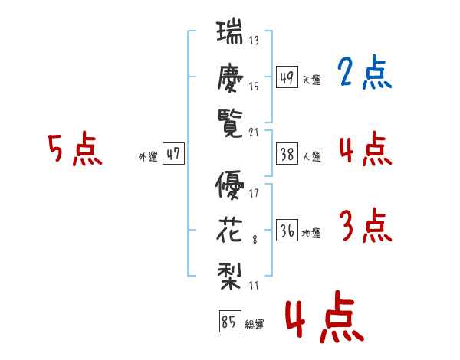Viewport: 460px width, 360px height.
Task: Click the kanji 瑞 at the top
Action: coord(230,31)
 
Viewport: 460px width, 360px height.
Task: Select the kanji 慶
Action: coord(230,77)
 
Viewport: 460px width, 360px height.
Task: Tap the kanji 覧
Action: coord(230,123)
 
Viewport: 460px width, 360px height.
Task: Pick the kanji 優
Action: coord(230,185)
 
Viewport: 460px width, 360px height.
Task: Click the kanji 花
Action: coord(229,231)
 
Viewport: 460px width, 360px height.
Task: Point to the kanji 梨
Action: coord(230,276)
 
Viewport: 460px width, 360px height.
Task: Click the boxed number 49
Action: coord(287,77)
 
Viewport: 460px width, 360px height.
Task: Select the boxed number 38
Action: coord(287,153)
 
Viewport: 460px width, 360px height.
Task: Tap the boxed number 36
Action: coord(287,230)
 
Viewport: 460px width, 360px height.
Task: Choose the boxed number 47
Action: coord(173,153)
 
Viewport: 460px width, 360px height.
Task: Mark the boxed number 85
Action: coord(230,321)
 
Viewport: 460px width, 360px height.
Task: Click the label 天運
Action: coord(311,80)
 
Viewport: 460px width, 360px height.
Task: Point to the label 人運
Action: coord(312,156)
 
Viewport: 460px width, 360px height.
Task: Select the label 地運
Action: coord(311,234)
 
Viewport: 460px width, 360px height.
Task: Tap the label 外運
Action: coord(148,156)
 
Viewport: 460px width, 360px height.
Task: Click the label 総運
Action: coord(255,325)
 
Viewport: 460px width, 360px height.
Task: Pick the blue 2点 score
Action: coord(365,72)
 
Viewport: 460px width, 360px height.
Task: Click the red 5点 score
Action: coord(75,149)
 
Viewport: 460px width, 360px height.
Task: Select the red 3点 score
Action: coord(366,225)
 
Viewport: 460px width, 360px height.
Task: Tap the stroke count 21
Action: coord(254,133)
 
